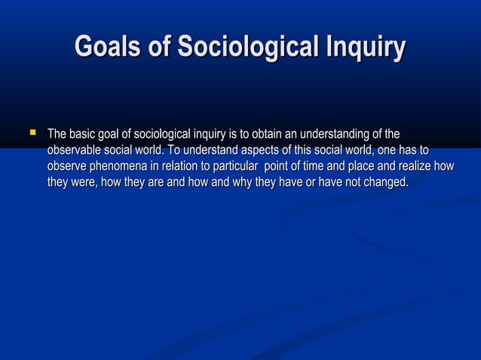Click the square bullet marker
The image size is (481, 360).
[x=32, y=133]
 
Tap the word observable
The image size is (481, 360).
[x=74, y=151]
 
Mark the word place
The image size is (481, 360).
[x=371, y=166]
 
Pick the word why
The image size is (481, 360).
[x=239, y=182]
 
